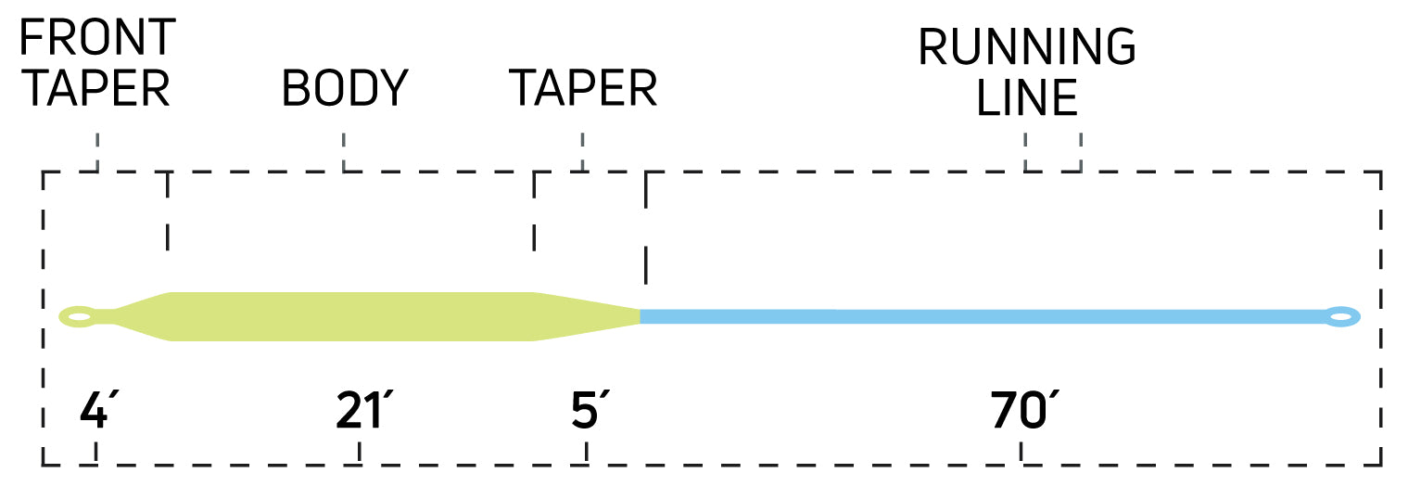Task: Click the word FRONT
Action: [97, 37]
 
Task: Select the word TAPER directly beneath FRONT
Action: [95, 89]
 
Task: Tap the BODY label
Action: [345, 89]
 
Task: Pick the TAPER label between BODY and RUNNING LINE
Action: [583, 89]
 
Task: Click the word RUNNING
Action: [1026, 47]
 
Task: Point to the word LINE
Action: [1028, 97]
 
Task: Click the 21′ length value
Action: [360, 412]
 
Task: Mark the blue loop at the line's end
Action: [1340, 317]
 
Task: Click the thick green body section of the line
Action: [352, 316]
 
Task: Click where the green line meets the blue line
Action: [641, 316]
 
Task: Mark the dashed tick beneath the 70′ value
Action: [1021, 453]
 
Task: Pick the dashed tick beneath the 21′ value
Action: [360, 453]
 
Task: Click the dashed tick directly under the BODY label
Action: [344, 152]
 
